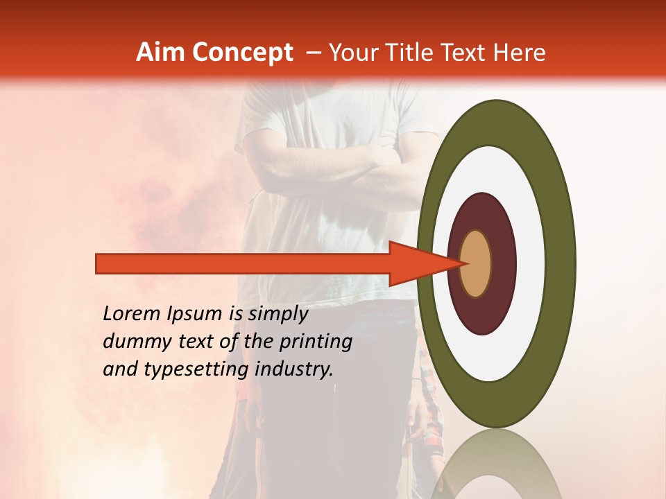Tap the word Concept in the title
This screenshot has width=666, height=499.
pos(243,53)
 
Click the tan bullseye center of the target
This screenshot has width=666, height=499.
pos(476,263)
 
